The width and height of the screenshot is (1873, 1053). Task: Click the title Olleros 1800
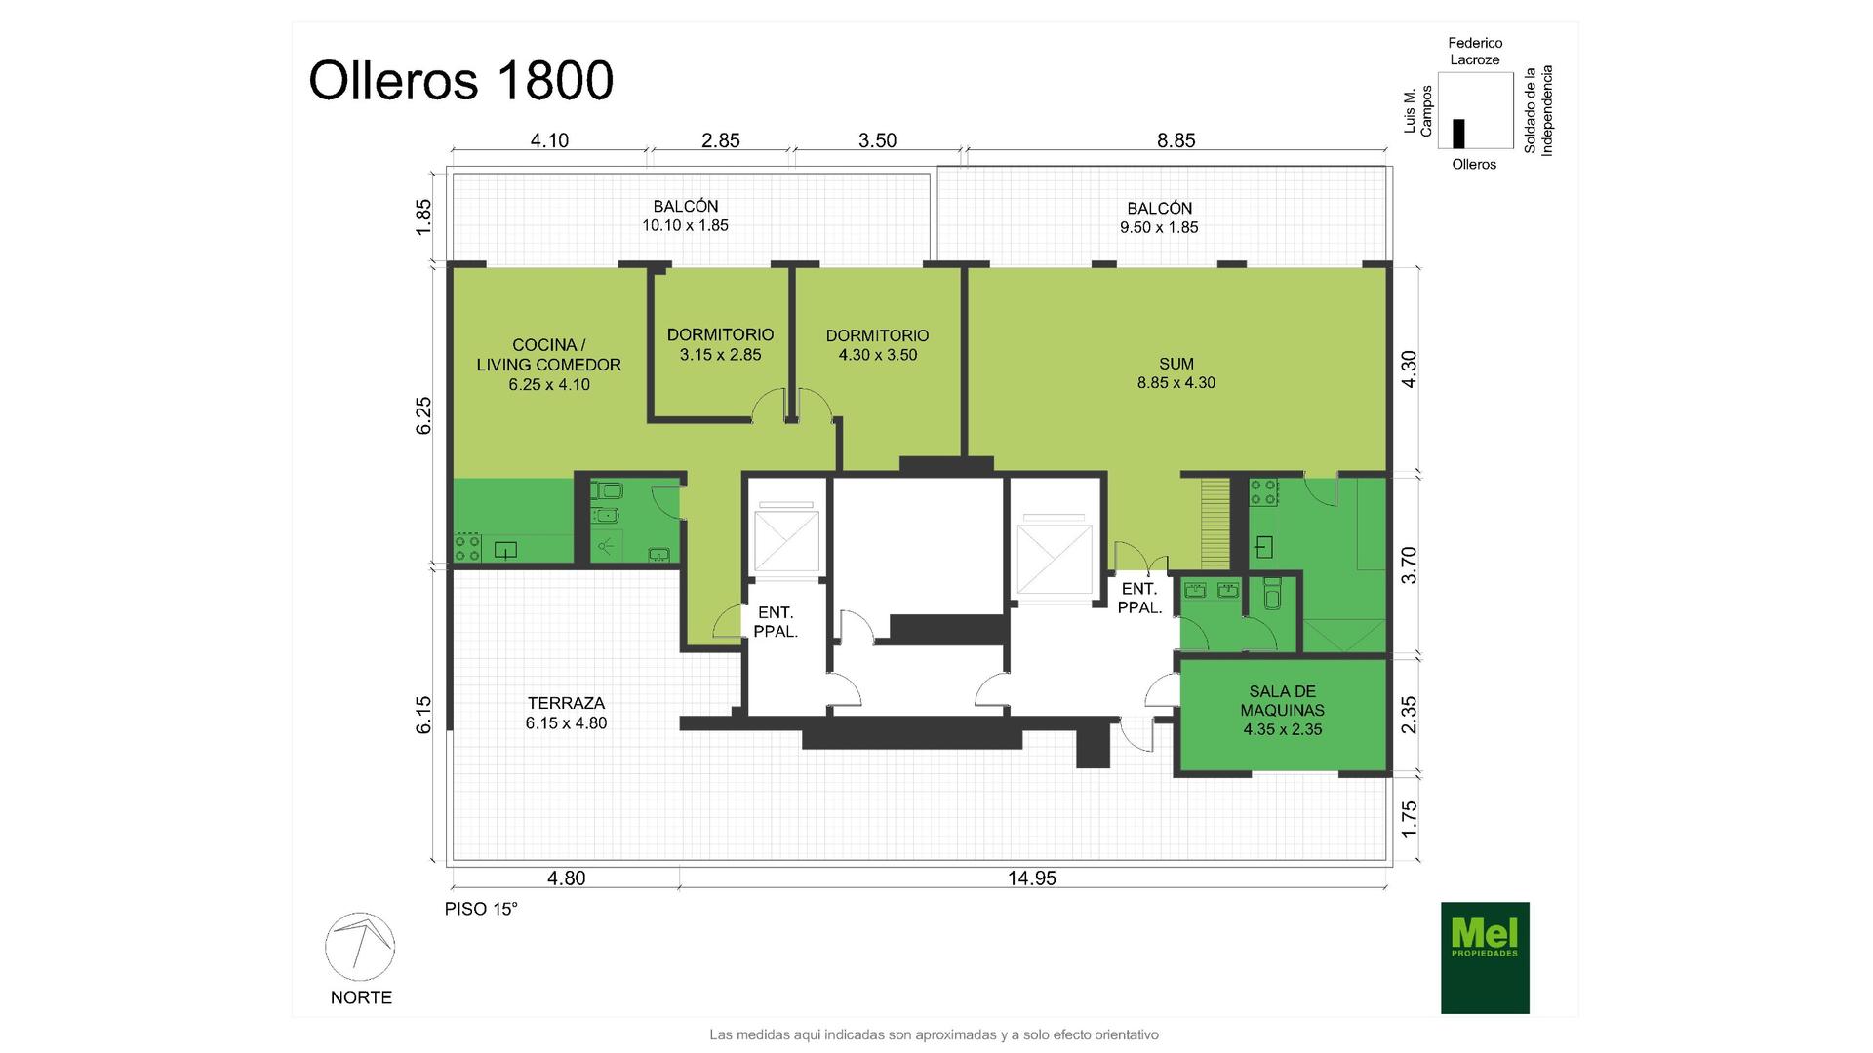(x=460, y=80)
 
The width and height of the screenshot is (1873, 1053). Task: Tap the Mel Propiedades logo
(x=1485, y=957)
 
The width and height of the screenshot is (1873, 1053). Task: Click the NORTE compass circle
(x=360, y=947)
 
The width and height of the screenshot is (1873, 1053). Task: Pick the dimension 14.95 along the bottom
(x=1032, y=877)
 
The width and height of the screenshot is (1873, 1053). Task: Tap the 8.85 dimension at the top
(x=1176, y=140)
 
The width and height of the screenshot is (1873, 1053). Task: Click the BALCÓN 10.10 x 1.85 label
(x=685, y=215)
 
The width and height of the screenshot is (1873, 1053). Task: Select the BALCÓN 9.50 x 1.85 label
(x=1159, y=217)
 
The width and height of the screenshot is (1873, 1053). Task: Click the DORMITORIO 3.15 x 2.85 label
(x=720, y=344)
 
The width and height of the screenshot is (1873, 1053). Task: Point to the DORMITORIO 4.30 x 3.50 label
(x=878, y=345)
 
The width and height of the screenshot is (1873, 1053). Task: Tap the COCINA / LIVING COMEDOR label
(x=548, y=365)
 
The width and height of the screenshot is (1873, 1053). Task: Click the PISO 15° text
(x=481, y=909)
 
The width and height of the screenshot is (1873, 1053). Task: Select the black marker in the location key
(x=1458, y=134)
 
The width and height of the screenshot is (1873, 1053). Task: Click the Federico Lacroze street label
(x=1475, y=52)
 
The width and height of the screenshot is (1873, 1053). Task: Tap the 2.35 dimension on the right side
(x=1409, y=716)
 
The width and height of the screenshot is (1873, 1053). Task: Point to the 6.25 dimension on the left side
(x=423, y=415)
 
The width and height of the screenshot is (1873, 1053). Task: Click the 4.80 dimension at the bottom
(x=566, y=877)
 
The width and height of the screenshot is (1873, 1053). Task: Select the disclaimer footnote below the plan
(x=934, y=1034)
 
